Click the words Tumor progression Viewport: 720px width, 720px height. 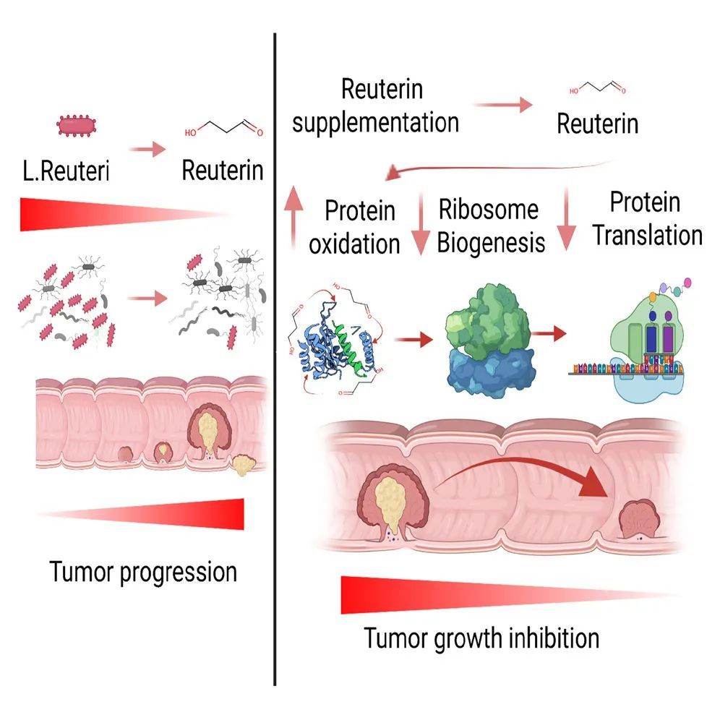(x=143, y=572)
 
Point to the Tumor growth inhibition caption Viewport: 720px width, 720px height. (x=481, y=638)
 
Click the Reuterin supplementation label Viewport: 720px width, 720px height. (x=376, y=106)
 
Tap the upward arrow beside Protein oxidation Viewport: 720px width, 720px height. (x=292, y=218)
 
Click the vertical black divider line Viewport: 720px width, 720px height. (x=275, y=361)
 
